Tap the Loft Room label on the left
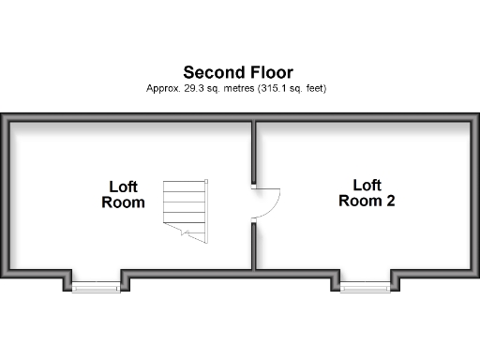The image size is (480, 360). (x=123, y=194)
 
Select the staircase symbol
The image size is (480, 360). (x=185, y=208)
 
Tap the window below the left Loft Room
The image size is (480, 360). (x=96, y=287)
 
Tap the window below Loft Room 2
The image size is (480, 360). (x=364, y=287)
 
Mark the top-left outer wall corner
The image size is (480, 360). (x=4, y=117)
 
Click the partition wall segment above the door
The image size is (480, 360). (x=254, y=151)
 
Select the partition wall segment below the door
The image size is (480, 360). (x=254, y=246)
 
